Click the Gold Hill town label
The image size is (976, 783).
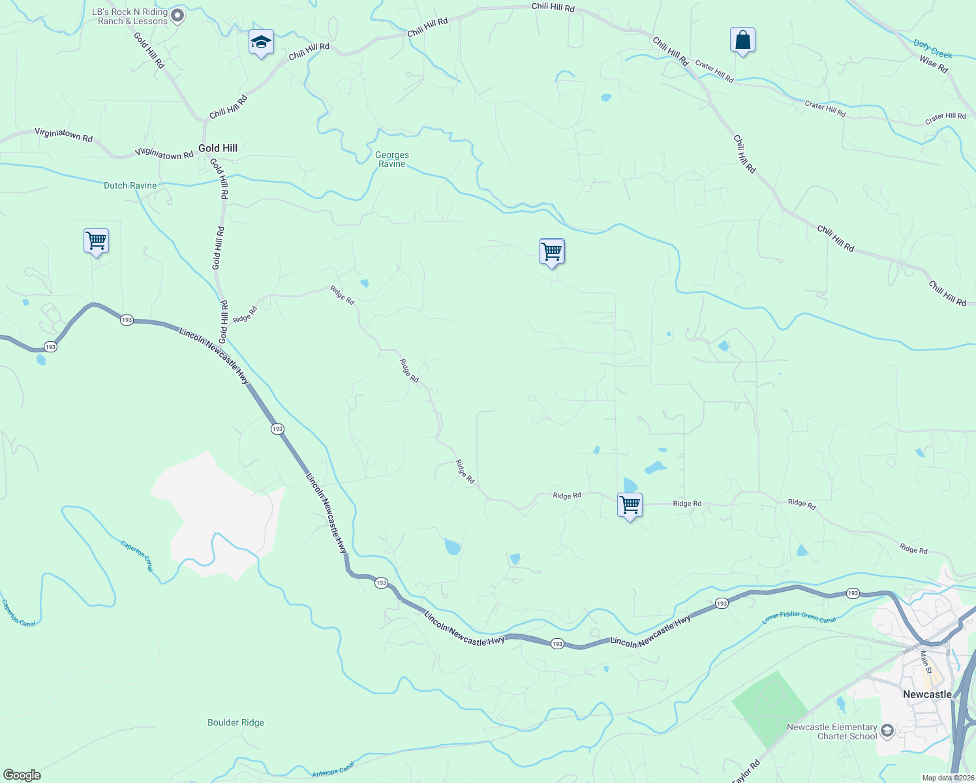click(218, 148)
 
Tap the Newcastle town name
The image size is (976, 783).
click(927, 694)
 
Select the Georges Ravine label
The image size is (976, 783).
click(392, 160)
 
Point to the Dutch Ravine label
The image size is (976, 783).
click(130, 186)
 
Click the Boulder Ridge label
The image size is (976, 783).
click(236, 723)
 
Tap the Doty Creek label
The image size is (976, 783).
click(933, 49)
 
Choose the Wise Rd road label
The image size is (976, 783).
click(934, 64)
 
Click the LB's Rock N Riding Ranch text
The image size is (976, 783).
click(130, 17)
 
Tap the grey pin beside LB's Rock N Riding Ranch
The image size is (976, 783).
click(177, 16)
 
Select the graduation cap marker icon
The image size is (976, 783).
click(261, 43)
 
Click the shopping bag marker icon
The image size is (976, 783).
click(742, 40)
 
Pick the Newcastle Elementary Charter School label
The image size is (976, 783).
click(832, 731)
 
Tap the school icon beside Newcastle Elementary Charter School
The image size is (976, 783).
click(887, 731)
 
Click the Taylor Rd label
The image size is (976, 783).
click(746, 771)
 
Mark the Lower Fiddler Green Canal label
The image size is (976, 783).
click(799, 617)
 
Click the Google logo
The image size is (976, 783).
click(22, 775)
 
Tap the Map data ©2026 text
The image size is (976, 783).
click(948, 778)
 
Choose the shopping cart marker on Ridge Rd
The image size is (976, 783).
click(630, 505)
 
